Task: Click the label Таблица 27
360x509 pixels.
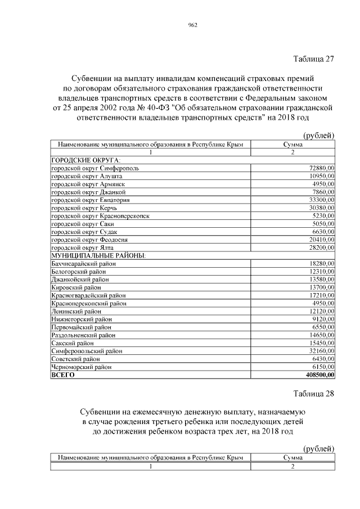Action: point(314,58)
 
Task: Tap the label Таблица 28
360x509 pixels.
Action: point(314,393)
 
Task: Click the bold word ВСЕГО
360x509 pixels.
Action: point(62,374)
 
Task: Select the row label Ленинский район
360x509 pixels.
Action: point(76,311)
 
